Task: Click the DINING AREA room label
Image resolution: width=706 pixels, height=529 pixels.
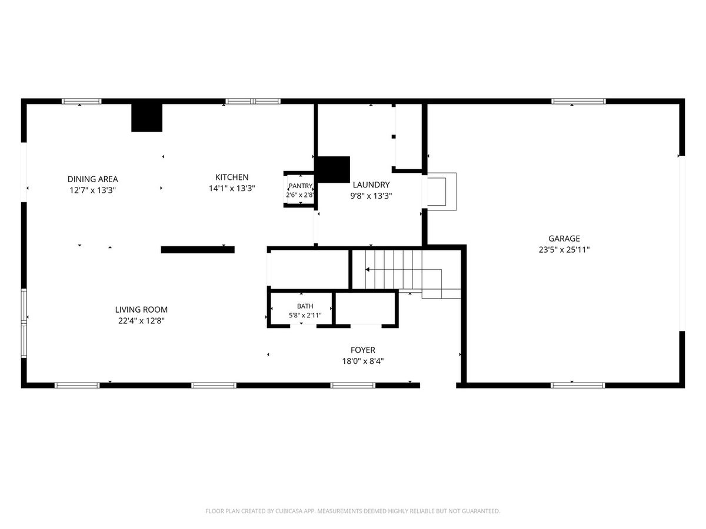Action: click(92, 179)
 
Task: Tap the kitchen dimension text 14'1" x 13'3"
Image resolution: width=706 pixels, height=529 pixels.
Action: click(232, 188)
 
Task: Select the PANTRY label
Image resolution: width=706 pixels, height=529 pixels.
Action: click(301, 186)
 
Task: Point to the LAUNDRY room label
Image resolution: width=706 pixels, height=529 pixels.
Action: click(371, 185)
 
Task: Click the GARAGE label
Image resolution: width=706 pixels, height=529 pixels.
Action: click(564, 238)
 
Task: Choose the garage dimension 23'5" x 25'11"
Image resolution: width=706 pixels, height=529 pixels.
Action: click(564, 250)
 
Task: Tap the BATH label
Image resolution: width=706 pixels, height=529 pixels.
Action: click(305, 306)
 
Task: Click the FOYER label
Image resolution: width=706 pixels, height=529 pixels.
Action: click(363, 350)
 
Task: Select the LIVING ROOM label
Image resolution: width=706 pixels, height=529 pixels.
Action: click(141, 310)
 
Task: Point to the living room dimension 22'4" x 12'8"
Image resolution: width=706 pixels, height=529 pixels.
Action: click(141, 321)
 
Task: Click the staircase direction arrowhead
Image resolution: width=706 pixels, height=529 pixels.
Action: click(367, 269)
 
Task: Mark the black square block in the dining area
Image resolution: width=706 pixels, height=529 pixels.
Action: click(146, 118)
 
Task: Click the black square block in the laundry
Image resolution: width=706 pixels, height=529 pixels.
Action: click(333, 170)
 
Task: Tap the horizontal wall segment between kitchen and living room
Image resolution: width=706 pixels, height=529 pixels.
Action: click(198, 250)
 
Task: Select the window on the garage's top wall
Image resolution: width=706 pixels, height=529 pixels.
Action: click(578, 102)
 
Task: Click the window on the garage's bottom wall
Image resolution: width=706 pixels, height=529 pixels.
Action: click(578, 386)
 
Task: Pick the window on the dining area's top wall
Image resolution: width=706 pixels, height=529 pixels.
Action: click(81, 102)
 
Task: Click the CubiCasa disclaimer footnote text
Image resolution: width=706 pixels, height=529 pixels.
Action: click(353, 511)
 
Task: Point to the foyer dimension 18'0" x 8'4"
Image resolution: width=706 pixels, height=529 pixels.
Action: click(363, 361)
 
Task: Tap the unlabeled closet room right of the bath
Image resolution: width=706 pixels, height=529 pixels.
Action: click(365, 309)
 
